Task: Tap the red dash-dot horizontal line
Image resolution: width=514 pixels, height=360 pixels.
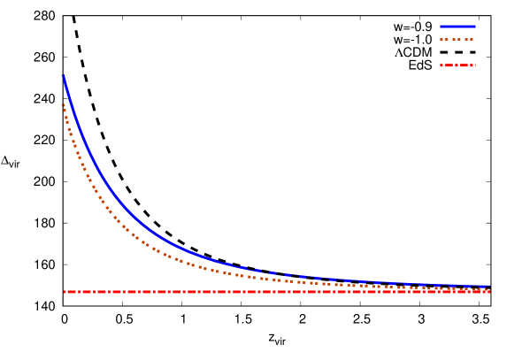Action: pyautogui.click(x=265, y=291)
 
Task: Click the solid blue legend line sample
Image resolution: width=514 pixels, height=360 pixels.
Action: pyautogui.click(x=457, y=26)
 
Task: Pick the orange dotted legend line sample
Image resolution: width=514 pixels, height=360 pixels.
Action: pyautogui.click(x=457, y=39)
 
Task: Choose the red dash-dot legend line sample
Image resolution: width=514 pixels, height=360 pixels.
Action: pyautogui.click(x=457, y=65)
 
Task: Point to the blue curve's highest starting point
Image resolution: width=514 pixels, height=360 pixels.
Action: pyautogui.click(x=64, y=76)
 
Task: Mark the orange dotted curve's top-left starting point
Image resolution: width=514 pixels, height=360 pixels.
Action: pyautogui.click(x=63, y=104)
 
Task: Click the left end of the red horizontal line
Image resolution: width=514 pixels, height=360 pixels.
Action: pyautogui.click(x=65, y=291)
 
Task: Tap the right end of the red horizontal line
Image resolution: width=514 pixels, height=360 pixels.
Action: pyautogui.click(x=488, y=291)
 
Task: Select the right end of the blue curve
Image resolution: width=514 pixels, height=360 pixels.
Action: pyautogui.click(x=488, y=286)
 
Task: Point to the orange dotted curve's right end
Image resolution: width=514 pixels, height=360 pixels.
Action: pyautogui.click(x=488, y=288)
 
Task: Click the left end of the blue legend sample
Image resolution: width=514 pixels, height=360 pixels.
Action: pyautogui.click(x=441, y=26)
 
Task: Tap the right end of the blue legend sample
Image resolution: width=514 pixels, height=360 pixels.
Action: pyautogui.click(x=474, y=26)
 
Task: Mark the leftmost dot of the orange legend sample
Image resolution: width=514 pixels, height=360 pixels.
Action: pyautogui.click(x=441, y=39)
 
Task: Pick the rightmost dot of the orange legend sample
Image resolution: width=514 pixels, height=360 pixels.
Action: pyautogui.click(x=473, y=39)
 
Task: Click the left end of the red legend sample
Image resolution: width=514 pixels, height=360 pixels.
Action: pyautogui.click(x=441, y=65)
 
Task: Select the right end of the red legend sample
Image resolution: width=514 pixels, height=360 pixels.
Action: pyautogui.click(x=474, y=65)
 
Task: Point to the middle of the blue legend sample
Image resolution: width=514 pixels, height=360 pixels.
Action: pyautogui.click(x=457, y=26)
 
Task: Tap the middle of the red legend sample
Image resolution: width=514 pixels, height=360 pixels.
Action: pyautogui.click(x=457, y=65)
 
